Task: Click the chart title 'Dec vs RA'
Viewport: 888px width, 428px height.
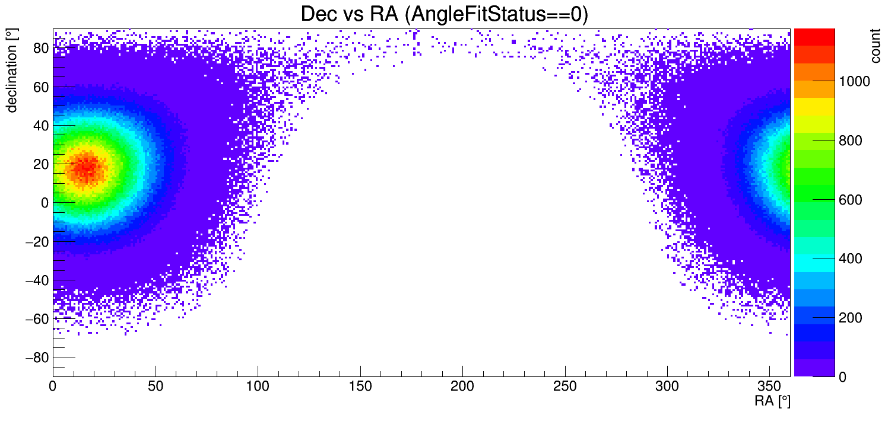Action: tap(350, 14)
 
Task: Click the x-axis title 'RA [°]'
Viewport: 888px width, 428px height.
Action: tap(772, 401)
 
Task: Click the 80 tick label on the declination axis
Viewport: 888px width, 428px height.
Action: tap(40, 48)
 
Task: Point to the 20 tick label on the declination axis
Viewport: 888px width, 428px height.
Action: tap(40, 164)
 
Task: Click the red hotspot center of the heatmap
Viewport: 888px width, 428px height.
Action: tap(87, 167)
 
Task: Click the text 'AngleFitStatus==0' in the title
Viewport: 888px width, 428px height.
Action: tap(496, 14)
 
